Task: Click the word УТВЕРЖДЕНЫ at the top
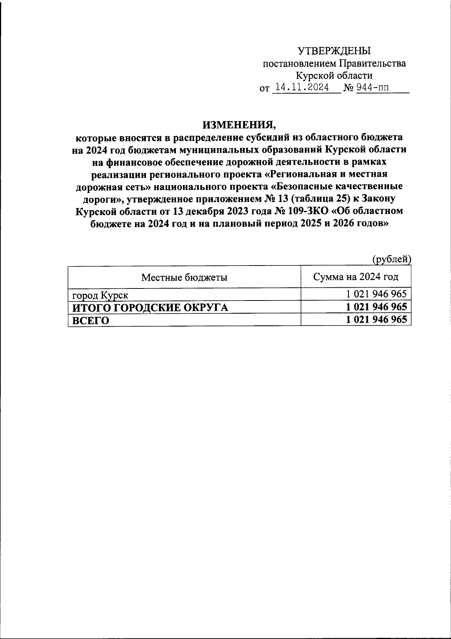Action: coord(334,51)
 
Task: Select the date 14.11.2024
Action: coord(302,88)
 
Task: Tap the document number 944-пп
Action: coord(373,88)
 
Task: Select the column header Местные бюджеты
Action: coord(184,278)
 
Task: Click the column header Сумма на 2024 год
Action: coord(356,277)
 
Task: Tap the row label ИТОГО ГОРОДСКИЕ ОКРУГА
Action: coord(150,308)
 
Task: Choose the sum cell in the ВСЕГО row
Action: coord(376,320)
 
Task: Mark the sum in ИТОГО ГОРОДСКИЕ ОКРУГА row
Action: coord(376,307)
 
